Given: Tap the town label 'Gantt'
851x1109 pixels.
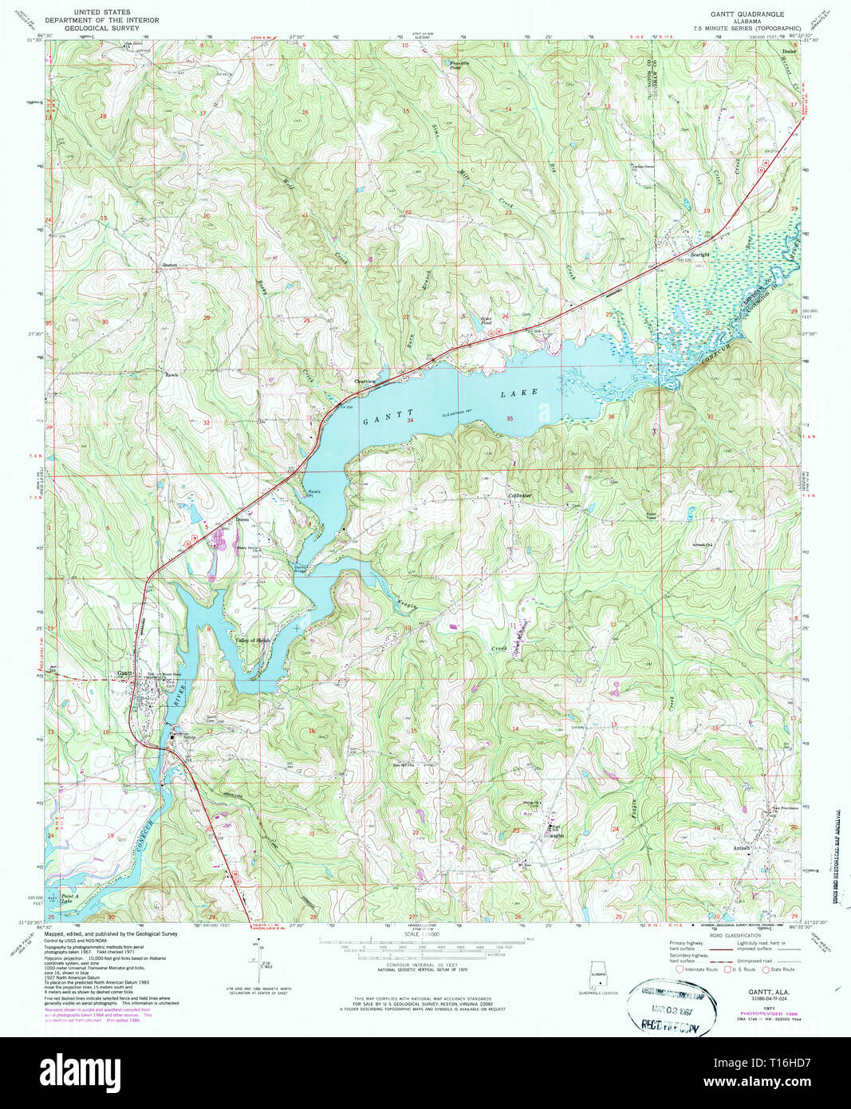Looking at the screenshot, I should [x=124, y=673].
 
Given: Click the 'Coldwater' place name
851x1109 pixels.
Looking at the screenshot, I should [x=520, y=495].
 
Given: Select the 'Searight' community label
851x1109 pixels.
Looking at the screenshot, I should [x=699, y=255].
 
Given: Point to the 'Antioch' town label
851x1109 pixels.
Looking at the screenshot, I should [x=742, y=847].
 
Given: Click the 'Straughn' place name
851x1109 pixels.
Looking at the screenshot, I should [x=555, y=835].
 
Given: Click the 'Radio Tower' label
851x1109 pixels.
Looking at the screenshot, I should [x=651, y=515].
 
